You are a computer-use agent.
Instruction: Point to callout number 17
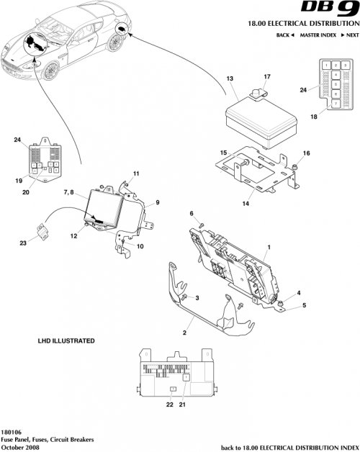tap(266, 76)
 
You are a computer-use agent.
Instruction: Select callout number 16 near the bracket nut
tap(305, 153)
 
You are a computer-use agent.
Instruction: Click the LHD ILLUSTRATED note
tap(66, 340)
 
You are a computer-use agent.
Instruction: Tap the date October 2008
tap(19, 447)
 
